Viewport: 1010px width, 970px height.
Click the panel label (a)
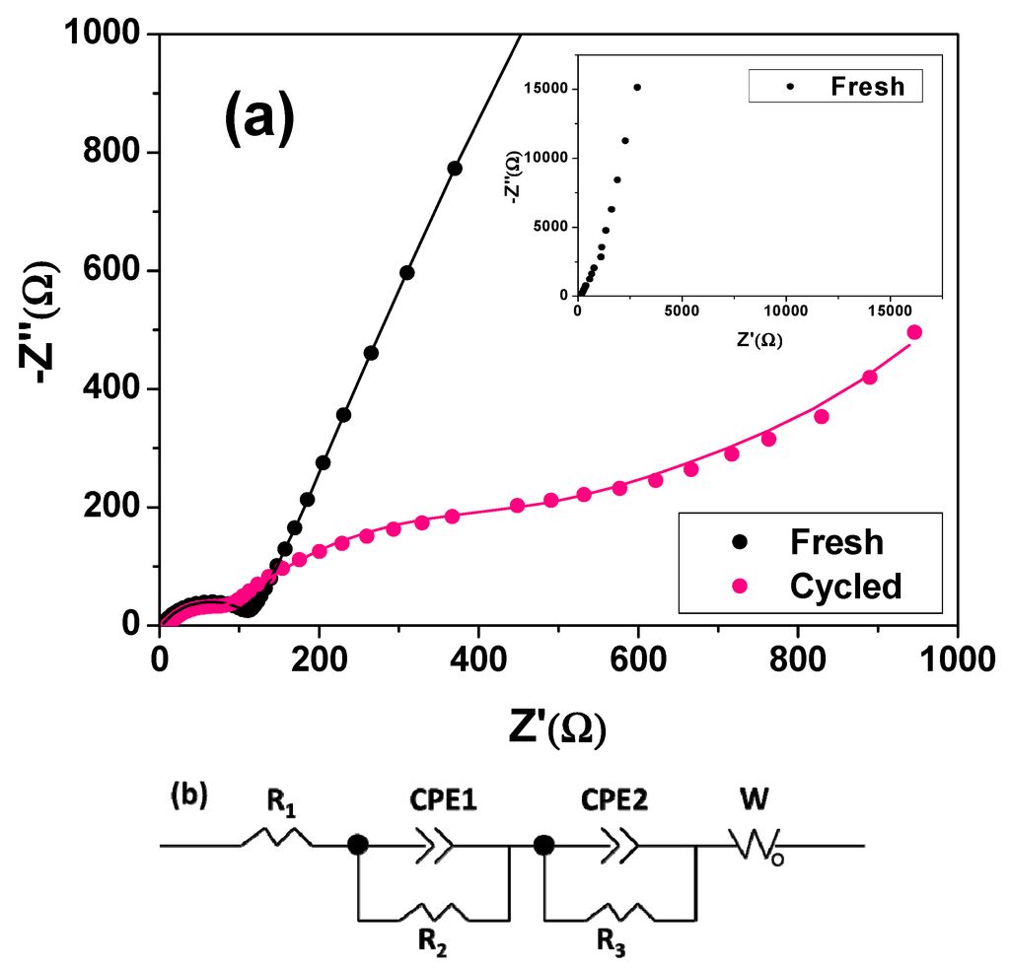pyautogui.click(x=259, y=119)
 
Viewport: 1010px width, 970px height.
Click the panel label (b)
pyautogui.click(x=188, y=795)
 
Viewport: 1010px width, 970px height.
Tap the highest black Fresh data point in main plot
pyautogui.click(x=455, y=169)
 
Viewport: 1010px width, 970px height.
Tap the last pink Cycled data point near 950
pyautogui.click(x=914, y=332)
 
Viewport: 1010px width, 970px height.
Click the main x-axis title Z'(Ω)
pyautogui.click(x=557, y=727)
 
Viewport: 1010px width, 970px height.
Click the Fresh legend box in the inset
pyautogui.click(x=835, y=85)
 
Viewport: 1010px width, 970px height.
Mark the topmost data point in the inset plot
pyautogui.click(x=637, y=87)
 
